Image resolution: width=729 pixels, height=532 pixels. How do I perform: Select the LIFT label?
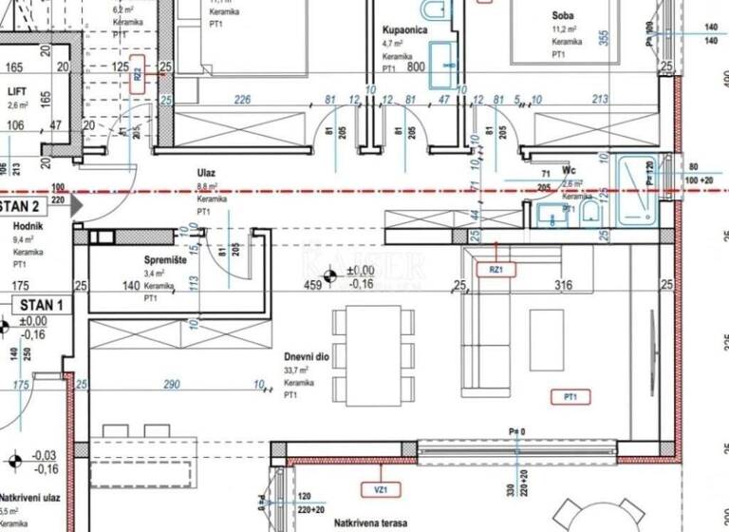(x=18, y=91)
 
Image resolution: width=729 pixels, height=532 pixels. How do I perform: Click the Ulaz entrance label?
(x=206, y=172)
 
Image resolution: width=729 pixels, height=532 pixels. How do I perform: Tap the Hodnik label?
(x=28, y=226)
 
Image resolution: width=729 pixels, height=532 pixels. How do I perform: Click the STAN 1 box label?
(x=37, y=305)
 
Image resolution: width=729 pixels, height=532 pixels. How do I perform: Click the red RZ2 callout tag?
(x=138, y=72)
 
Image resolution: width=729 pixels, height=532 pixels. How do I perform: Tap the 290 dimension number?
(x=172, y=384)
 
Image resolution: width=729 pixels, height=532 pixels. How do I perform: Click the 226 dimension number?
(x=242, y=99)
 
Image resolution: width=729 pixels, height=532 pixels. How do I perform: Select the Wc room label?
(x=570, y=171)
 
